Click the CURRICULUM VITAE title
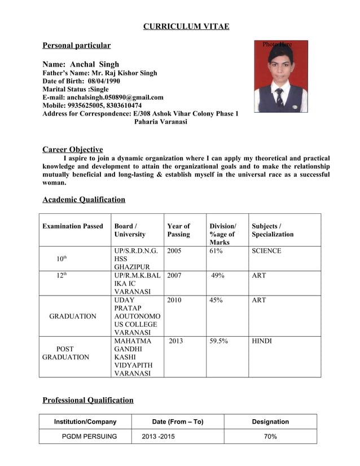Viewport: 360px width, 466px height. coord(186,27)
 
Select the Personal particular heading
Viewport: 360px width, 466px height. coord(77,45)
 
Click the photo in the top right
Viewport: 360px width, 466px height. coord(280,76)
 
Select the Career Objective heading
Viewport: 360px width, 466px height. coord(73,150)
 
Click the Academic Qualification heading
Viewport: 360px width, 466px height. coord(84,199)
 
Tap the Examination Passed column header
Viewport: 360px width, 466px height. coord(73,226)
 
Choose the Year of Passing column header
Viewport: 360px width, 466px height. coord(179,230)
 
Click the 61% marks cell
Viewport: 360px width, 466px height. coord(216,250)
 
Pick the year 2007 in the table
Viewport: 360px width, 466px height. coord(174,275)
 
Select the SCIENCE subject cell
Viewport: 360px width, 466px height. coord(266,250)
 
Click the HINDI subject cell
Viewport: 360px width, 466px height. coord(262,341)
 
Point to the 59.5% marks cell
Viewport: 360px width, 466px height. coord(218,341)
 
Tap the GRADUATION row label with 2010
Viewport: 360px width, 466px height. coord(73,316)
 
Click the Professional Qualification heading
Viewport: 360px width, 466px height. coord(88,400)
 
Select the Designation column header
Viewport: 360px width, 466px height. coord(270,421)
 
